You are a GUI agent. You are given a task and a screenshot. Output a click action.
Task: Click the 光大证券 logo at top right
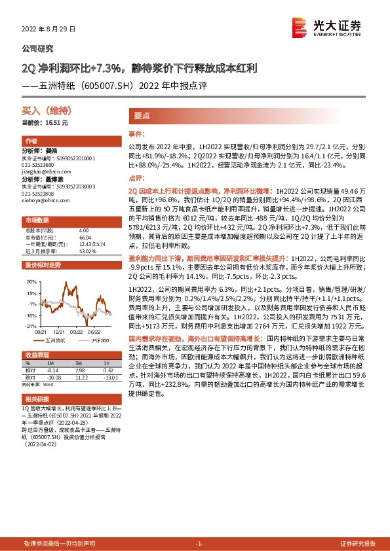pos(327,27)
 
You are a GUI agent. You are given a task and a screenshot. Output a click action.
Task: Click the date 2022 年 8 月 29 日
pos(49,29)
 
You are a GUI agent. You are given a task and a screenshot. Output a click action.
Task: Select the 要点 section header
pos(142,115)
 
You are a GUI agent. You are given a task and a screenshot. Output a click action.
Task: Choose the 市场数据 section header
pos(37,220)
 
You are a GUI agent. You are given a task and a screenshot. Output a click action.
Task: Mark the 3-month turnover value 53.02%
pos(87,251)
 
